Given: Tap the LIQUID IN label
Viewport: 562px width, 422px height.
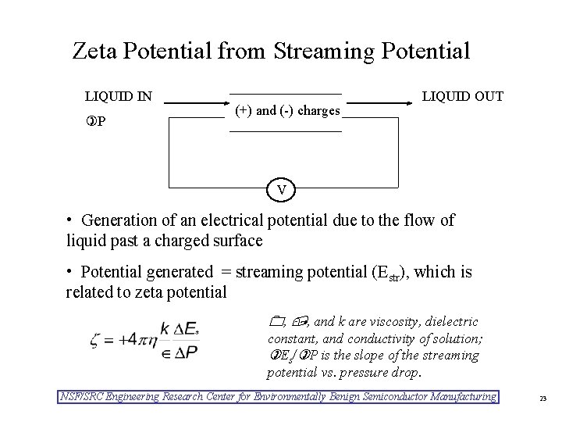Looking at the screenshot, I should tap(118, 97).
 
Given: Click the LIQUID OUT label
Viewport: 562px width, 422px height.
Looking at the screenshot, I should tap(462, 97).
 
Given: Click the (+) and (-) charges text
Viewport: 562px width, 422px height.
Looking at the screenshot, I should tap(287, 110).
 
